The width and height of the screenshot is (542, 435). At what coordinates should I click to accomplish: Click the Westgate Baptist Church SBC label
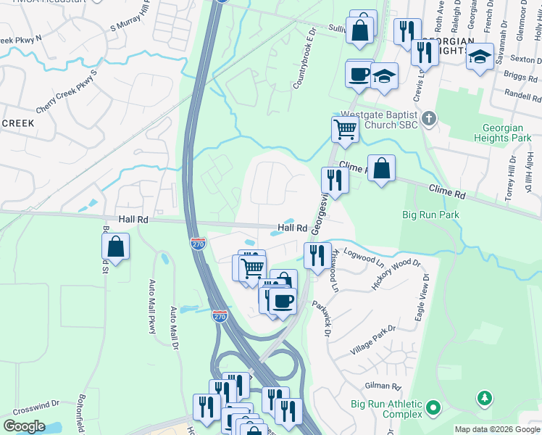coord(379,119)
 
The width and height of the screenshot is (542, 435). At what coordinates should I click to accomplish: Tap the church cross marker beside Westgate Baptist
coord(428,118)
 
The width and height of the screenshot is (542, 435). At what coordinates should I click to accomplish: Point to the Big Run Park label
coord(430,215)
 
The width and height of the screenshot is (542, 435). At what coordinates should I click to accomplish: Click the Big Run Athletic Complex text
coord(386,409)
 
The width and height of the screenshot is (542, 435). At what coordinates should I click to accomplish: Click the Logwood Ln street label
coord(364,255)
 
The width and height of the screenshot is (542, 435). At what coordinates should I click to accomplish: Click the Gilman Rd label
coord(384,387)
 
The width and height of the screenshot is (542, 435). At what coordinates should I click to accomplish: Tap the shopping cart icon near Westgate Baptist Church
coord(346,129)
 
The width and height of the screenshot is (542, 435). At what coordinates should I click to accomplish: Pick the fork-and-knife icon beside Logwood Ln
coord(317,255)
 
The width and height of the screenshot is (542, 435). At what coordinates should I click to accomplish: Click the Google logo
coord(25,426)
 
